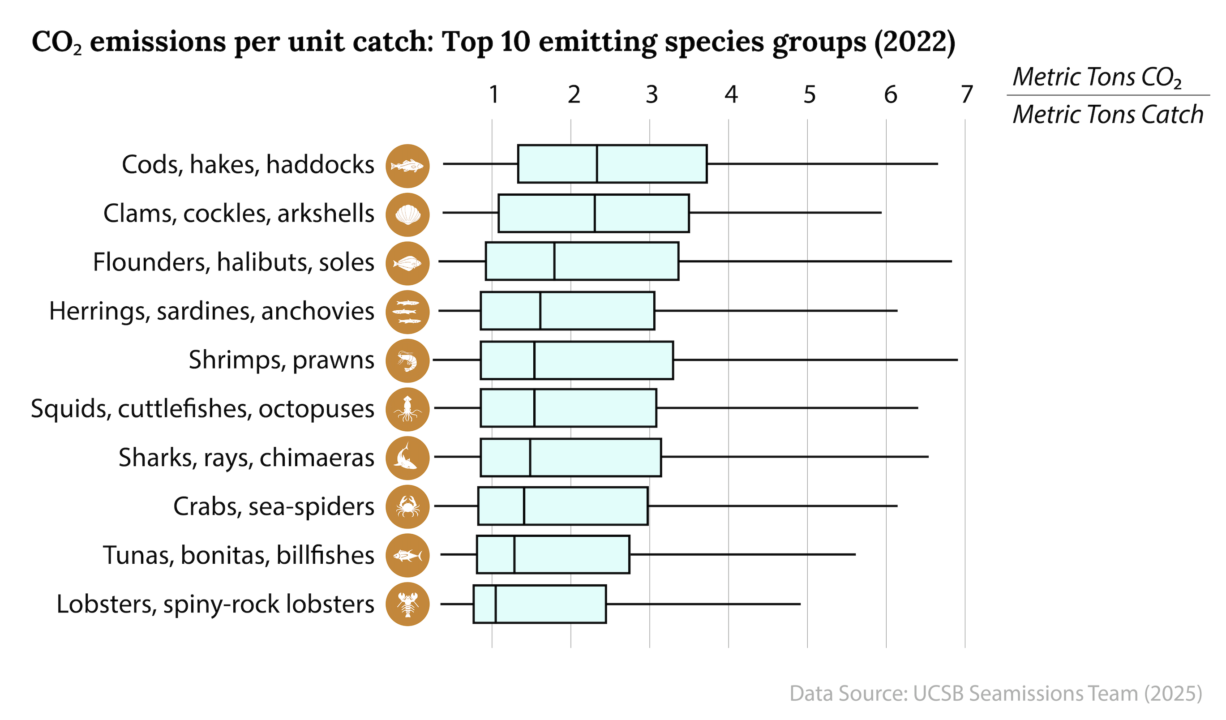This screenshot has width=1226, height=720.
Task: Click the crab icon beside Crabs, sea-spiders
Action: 407,506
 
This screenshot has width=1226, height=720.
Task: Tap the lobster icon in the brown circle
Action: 407,604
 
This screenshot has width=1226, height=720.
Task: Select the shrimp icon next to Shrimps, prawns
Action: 407,360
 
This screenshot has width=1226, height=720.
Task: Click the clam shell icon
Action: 407,214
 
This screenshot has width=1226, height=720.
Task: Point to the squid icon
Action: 407,409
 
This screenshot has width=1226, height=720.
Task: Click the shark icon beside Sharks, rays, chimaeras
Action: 407,458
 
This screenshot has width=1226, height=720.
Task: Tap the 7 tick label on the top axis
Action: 967,94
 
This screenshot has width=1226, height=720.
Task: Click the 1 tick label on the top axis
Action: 494,94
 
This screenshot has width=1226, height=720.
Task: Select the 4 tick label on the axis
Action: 731,94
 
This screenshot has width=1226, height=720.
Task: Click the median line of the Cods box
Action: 597,164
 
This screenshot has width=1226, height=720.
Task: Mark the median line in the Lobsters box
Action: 495,604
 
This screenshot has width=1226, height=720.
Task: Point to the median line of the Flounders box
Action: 554,261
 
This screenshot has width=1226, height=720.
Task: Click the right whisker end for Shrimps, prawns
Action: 957,360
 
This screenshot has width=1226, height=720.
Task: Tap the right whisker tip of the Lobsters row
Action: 800,604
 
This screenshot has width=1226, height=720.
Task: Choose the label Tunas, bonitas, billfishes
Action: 238,555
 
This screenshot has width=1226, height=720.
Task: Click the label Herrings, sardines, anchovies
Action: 212,311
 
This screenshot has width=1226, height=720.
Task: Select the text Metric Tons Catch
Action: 1108,115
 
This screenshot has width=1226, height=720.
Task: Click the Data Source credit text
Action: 995,693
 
